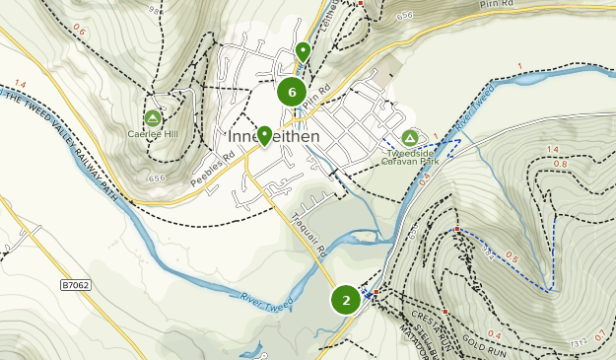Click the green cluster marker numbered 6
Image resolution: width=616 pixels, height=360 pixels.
[x=291, y=93]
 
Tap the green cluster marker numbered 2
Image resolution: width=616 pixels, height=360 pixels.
[x=345, y=299]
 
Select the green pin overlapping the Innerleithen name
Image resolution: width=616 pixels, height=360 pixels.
[x=264, y=133]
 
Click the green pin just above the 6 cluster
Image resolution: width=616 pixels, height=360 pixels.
[x=303, y=51]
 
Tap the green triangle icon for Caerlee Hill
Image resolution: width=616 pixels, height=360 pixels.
[x=153, y=117]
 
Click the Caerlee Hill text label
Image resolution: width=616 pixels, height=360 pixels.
[x=152, y=134]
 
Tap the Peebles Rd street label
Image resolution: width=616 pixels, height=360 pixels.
[x=213, y=170]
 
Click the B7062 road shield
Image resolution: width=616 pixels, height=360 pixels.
[x=75, y=286]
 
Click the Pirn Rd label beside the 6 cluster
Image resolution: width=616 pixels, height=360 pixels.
[x=313, y=102]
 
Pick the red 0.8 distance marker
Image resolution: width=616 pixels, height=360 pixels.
[x=560, y=164]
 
